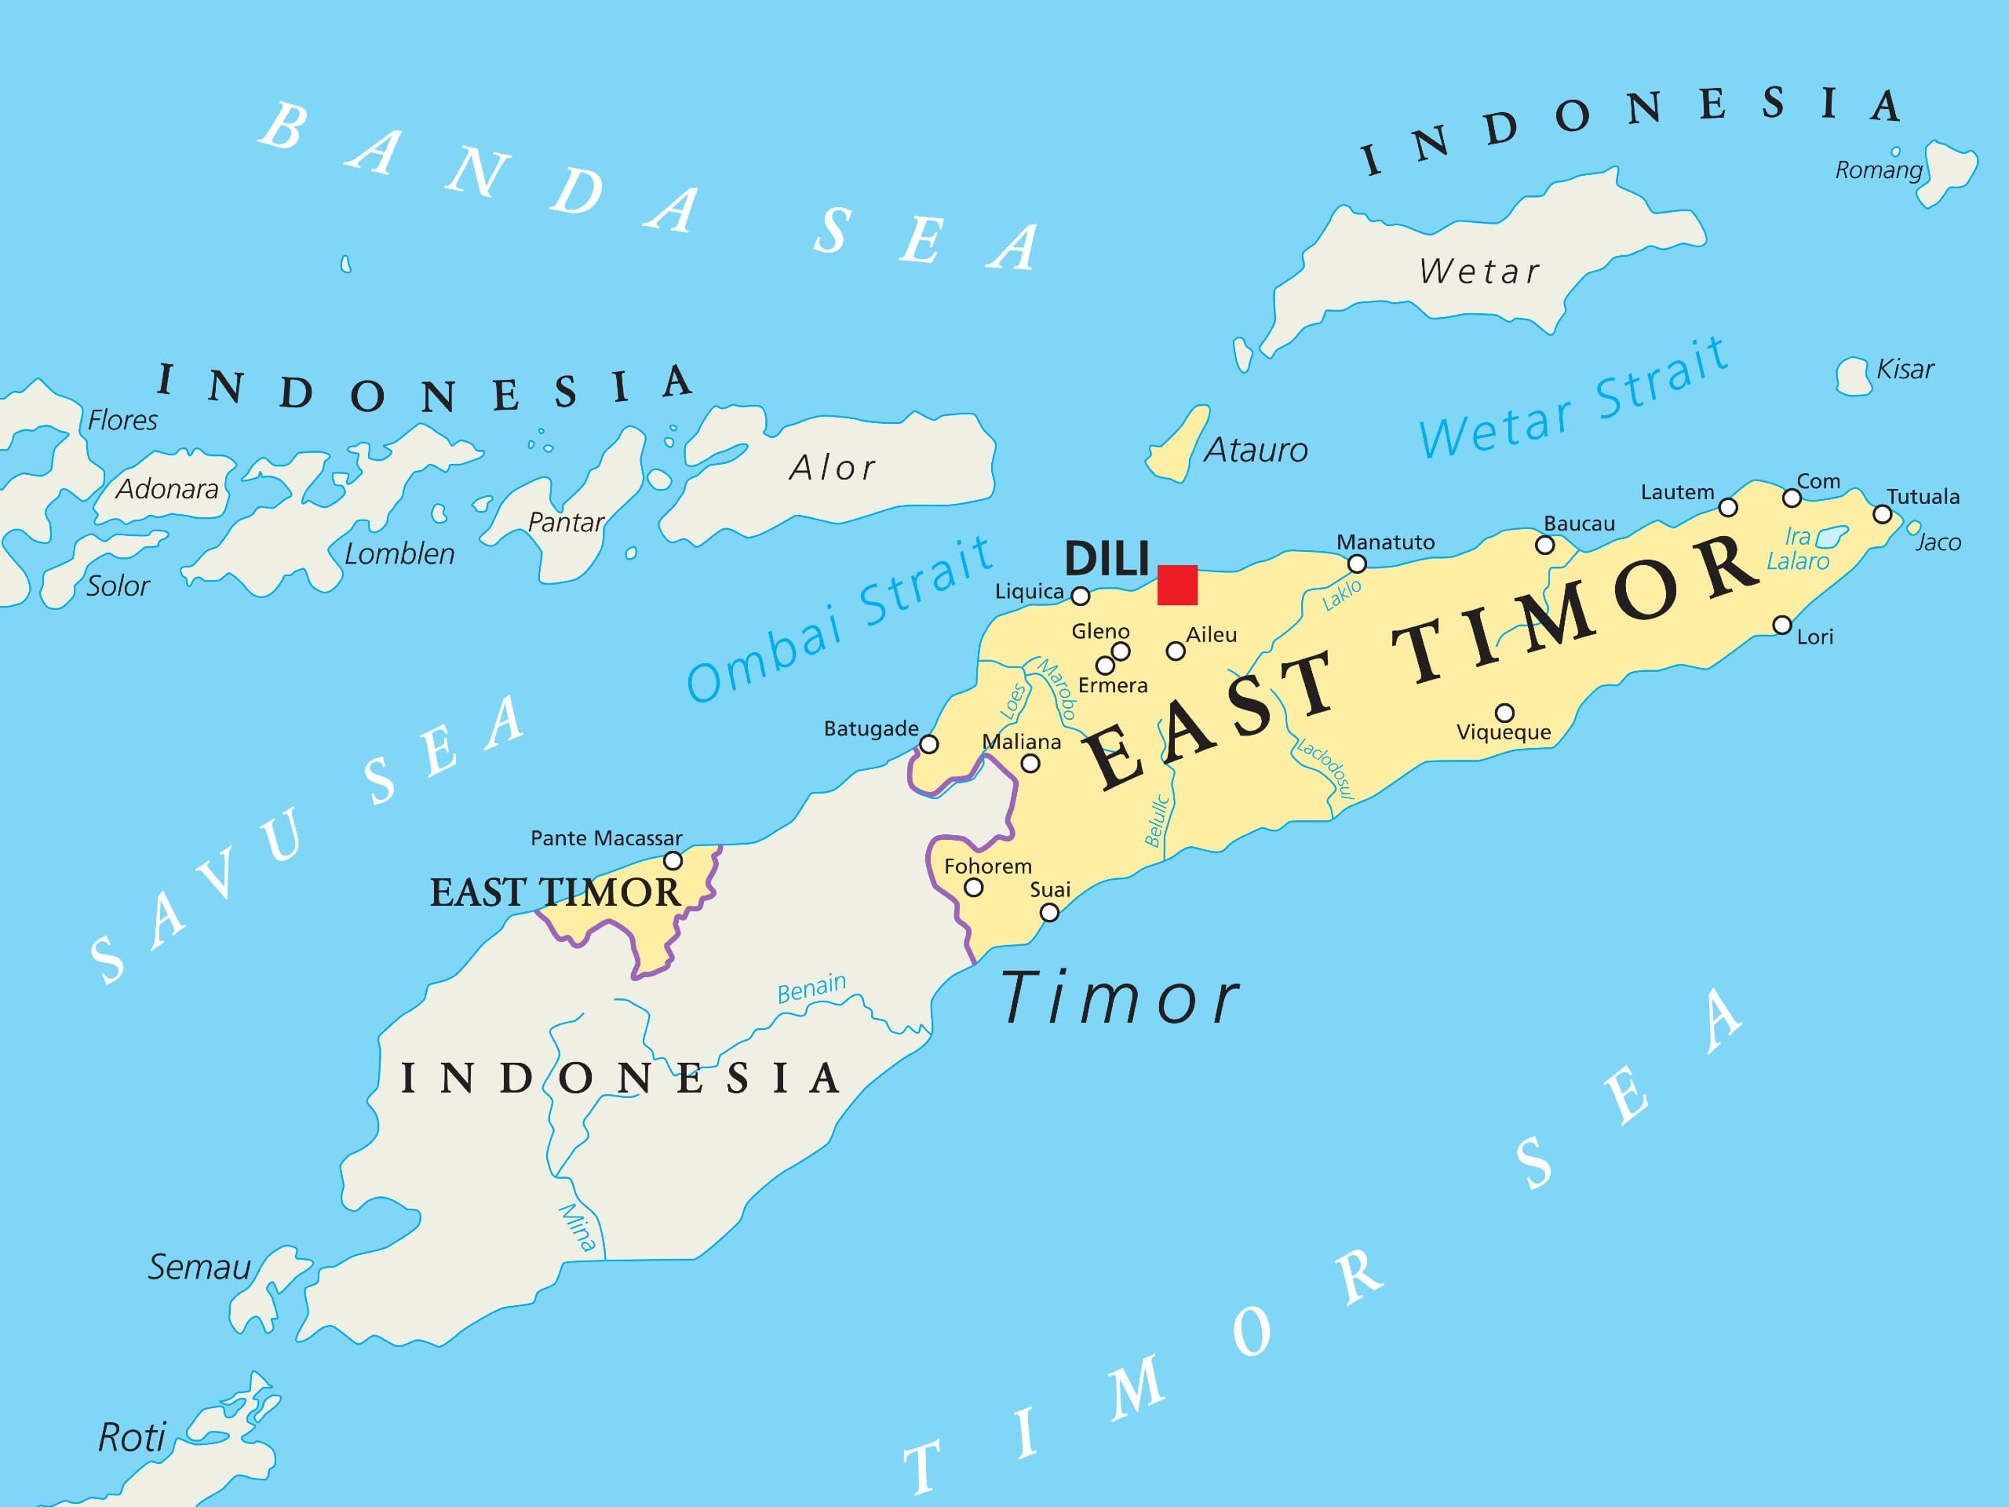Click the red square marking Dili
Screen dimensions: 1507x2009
pyautogui.click(x=1177, y=585)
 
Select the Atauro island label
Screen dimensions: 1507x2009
pyautogui.click(x=1256, y=451)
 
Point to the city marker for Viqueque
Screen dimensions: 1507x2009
pyautogui.click(x=1505, y=712)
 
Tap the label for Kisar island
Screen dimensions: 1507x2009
pyautogui.click(x=1905, y=370)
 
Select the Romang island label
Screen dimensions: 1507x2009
pyautogui.click(x=1878, y=170)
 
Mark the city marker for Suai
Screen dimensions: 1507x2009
pyautogui.click(x=1049, y=912)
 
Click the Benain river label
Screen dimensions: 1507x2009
pyautogui.click(x=811, y=988)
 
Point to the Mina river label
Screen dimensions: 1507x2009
pyautogui.click(x=578, y=1228)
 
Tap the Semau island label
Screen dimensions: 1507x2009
pyautogui.click(x=199, y=1267)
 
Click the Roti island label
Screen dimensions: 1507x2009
pyautogui.click(x=132, y=1438)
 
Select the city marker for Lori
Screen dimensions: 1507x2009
pyautogui.click(x=1783, y=625)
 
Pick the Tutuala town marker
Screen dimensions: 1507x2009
pyautogui.click(x=1883, y=515)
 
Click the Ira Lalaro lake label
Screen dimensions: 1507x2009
pyautogui.click(x=1797, y=549)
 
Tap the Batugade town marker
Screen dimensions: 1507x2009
pyautogui.click(x=929, y=744)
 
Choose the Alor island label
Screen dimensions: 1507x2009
pyautogui.click(x=832, y=468)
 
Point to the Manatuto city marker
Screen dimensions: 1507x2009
pyautogui.click(x=1357, y=564)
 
